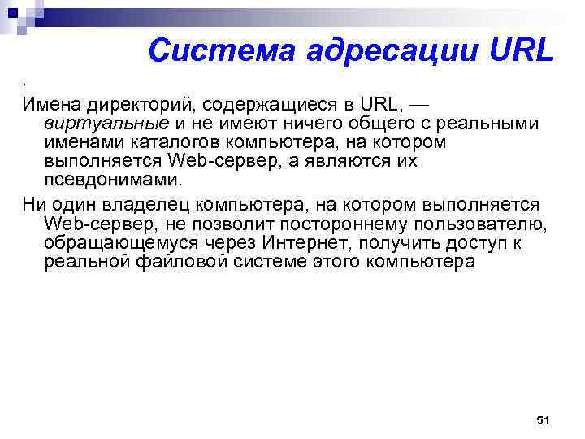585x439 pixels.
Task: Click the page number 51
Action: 544,419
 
